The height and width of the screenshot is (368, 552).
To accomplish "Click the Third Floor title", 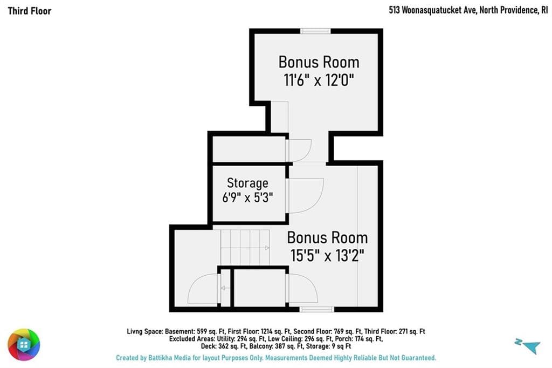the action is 30,11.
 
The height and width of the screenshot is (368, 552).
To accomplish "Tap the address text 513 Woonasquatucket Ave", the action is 432,10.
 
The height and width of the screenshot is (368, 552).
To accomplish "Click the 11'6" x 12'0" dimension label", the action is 319,80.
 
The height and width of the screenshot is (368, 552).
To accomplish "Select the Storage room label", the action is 247,183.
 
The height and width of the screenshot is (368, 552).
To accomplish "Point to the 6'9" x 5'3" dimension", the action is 247,197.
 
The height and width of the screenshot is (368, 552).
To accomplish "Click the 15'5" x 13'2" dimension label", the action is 327,255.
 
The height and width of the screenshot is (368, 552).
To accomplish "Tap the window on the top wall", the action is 315,31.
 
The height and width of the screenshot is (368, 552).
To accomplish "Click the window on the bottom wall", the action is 316,310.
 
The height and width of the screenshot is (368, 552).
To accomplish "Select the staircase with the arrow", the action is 245,248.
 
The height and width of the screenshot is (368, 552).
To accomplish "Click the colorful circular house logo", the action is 24,344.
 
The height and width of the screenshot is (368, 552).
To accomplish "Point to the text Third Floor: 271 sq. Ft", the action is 395,331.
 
